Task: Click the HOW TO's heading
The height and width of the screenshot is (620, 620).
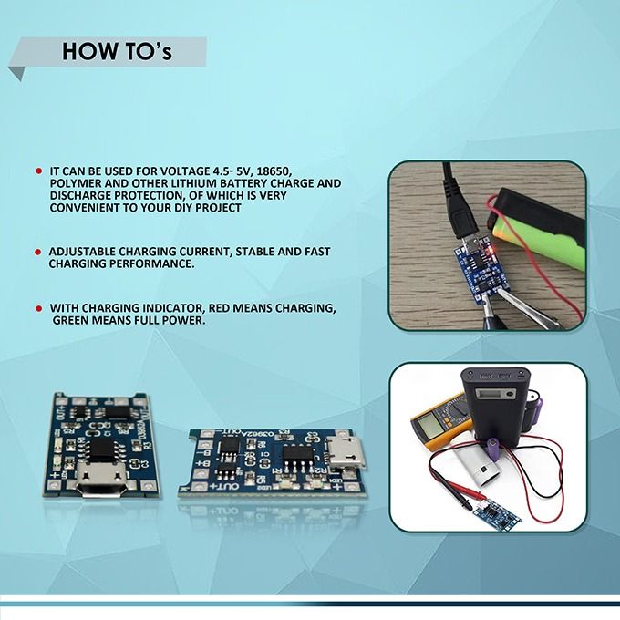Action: pos(117,52)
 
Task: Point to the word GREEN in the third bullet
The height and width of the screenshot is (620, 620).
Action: pos(73,321)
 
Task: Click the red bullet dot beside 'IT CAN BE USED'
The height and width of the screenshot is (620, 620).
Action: pos(38,170)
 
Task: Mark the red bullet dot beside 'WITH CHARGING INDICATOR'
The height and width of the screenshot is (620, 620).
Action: pos(38,308)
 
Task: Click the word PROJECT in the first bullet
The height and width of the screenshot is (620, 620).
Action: pos(219,208)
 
